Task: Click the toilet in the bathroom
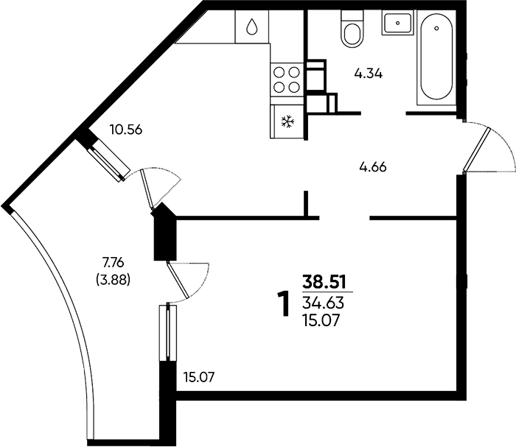[x=352, y=29]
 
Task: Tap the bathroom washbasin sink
[x=398, y=22]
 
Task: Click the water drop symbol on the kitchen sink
[x=252, y=27]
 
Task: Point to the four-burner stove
[x=287, y=80]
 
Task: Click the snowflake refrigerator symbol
[x=287, y=122]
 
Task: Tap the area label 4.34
[x=369, y=74]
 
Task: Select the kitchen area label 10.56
[x=126, y=130]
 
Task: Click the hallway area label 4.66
[x=373, y=167]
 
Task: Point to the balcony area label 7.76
[x=113, y=263]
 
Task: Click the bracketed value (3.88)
[x=113, y=280]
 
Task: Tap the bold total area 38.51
[x=324, y=282]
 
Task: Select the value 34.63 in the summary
[x=323, y=303]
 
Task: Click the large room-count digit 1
[x=283, y=304]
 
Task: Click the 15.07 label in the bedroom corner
[x=199, y=377]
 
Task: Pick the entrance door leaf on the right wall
[x=477, y=149]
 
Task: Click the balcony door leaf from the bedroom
[x=178, y=280]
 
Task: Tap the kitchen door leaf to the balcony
[x=147, y=189]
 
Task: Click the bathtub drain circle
[x=436, y=28]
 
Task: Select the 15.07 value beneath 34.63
[x=321, y=320]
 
